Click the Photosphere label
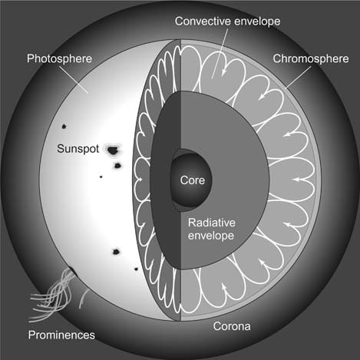59,58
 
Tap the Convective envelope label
227,21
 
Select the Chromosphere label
311,58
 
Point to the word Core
193,180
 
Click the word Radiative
212,223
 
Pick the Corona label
232,326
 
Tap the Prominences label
61,335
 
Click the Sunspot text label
78,149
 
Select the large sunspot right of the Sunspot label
113,150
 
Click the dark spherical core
191,180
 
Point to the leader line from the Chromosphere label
298,77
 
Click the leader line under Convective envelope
220,53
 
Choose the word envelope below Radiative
211,236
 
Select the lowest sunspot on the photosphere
136,269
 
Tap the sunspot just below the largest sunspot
117,166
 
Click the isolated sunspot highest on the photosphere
64,127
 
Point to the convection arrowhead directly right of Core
296,180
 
